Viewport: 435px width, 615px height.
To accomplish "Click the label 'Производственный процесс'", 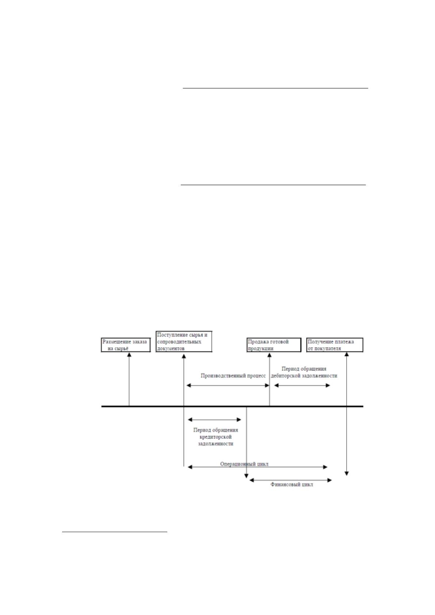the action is (233, 376).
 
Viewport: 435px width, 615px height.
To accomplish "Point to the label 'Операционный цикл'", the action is (244, 464).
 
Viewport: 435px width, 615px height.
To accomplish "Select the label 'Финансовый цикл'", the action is (292, 485).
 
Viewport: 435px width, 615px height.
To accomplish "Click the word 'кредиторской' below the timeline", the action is (215, 437).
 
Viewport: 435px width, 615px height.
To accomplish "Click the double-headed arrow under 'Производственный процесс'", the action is (228, 386).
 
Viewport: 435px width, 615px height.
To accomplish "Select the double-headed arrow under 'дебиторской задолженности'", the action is (302, 386).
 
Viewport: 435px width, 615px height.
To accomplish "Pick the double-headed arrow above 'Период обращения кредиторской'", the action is (214, 420).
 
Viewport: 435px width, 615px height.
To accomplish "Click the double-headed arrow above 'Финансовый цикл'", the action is (291, 480).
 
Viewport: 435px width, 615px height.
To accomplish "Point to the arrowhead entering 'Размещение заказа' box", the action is (129, 355).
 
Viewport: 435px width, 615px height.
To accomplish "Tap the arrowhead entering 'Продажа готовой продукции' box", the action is (270, 355).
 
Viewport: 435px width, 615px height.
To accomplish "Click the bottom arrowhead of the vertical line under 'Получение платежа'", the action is (347, 474).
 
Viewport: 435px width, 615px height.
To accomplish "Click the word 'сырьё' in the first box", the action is (121, 349).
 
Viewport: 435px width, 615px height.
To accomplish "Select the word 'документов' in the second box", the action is (171, 348).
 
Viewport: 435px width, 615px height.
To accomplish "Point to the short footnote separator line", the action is (115, 532).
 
